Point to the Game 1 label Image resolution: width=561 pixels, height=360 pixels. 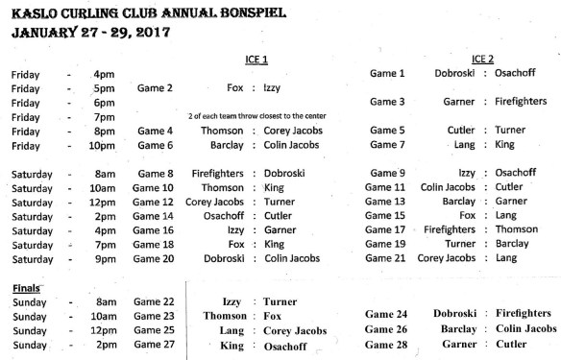388,74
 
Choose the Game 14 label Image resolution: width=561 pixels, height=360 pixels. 154,217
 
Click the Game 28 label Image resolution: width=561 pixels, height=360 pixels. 388,345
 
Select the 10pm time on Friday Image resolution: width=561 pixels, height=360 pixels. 101,146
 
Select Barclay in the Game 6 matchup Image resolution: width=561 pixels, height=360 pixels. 228,146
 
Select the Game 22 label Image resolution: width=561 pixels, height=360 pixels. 154,301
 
